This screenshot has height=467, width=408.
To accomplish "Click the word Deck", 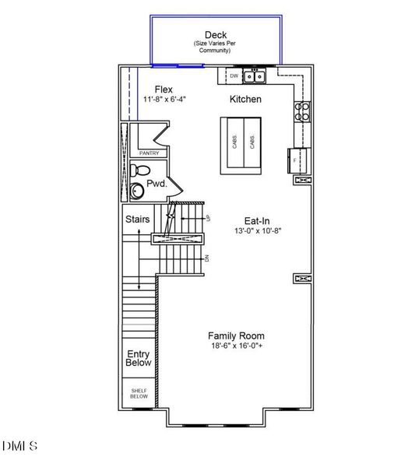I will point(216,34).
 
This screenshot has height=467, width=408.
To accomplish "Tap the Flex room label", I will point(164,90).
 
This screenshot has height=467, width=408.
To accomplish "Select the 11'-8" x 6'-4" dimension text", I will point(164,100).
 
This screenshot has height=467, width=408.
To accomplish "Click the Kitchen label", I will point(245,100).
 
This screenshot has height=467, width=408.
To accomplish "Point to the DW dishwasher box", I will point(234,76).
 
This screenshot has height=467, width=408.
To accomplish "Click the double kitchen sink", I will point(254,76).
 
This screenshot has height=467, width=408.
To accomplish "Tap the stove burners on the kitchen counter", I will point(301,111).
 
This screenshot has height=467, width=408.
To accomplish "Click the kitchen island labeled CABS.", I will point(243,142).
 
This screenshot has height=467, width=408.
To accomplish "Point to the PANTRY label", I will point(149,153).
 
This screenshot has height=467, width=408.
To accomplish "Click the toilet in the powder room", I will point(139,170).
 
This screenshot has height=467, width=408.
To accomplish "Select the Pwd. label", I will point(157,184).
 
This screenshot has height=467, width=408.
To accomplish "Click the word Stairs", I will point(138,219).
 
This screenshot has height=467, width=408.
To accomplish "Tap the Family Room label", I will point(236,335).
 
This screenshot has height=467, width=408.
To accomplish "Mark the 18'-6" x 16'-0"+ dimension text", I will point(236,346).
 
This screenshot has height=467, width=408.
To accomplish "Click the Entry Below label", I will point(139,358).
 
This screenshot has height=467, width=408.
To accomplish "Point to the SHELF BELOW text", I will point(139,394).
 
